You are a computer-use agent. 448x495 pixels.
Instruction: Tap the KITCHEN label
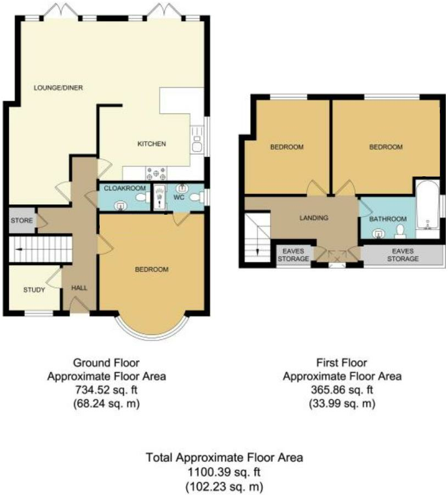tap(151, 144)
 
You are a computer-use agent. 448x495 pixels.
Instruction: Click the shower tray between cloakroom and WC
tap(159, 197)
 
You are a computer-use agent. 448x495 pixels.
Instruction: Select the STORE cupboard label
tap(19, 221)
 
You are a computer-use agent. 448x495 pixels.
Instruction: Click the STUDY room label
tap(34, 290)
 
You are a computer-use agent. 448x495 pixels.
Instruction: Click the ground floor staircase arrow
tap(20, 250)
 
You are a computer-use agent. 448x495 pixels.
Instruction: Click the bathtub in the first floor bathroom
tap(427, 208)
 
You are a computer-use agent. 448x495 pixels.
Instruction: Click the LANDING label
tap(314, 218)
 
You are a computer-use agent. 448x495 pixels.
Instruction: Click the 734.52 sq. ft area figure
tap(106, 390)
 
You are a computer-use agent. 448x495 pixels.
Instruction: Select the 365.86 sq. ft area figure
tap(342, 390)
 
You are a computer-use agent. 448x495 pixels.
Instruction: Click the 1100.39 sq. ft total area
tap(224, 472)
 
